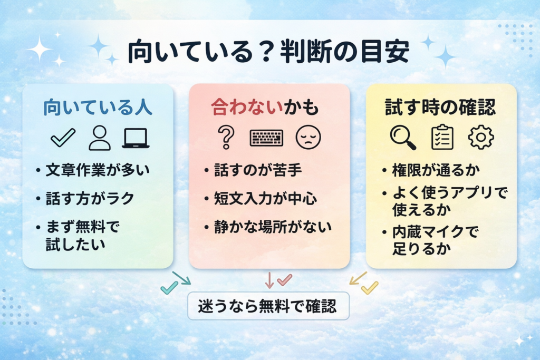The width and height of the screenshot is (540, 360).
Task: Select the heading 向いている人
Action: tap(98, 108)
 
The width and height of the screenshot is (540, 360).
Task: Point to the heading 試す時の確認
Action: tap(440, 108)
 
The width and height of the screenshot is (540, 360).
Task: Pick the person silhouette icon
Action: tap(99, 138)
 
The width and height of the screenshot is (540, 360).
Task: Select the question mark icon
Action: tap(226, 138)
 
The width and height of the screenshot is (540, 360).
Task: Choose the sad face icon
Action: tap(308, 138)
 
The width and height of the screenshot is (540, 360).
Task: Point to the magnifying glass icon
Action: tap(403, 138)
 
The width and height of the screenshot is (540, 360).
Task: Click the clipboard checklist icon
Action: tap(442, 137)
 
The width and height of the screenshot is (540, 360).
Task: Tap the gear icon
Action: tap(481, 138)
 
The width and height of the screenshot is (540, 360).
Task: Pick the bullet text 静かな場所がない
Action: tap(272, 227)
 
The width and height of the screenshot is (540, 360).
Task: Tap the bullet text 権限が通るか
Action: tap(427, 170)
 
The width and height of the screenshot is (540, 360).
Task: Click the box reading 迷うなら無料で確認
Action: tap(268, 306)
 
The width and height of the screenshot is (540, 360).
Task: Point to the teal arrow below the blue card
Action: tap(181, 278)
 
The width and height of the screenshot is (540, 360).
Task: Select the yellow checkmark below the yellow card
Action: tap(370, 287)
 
